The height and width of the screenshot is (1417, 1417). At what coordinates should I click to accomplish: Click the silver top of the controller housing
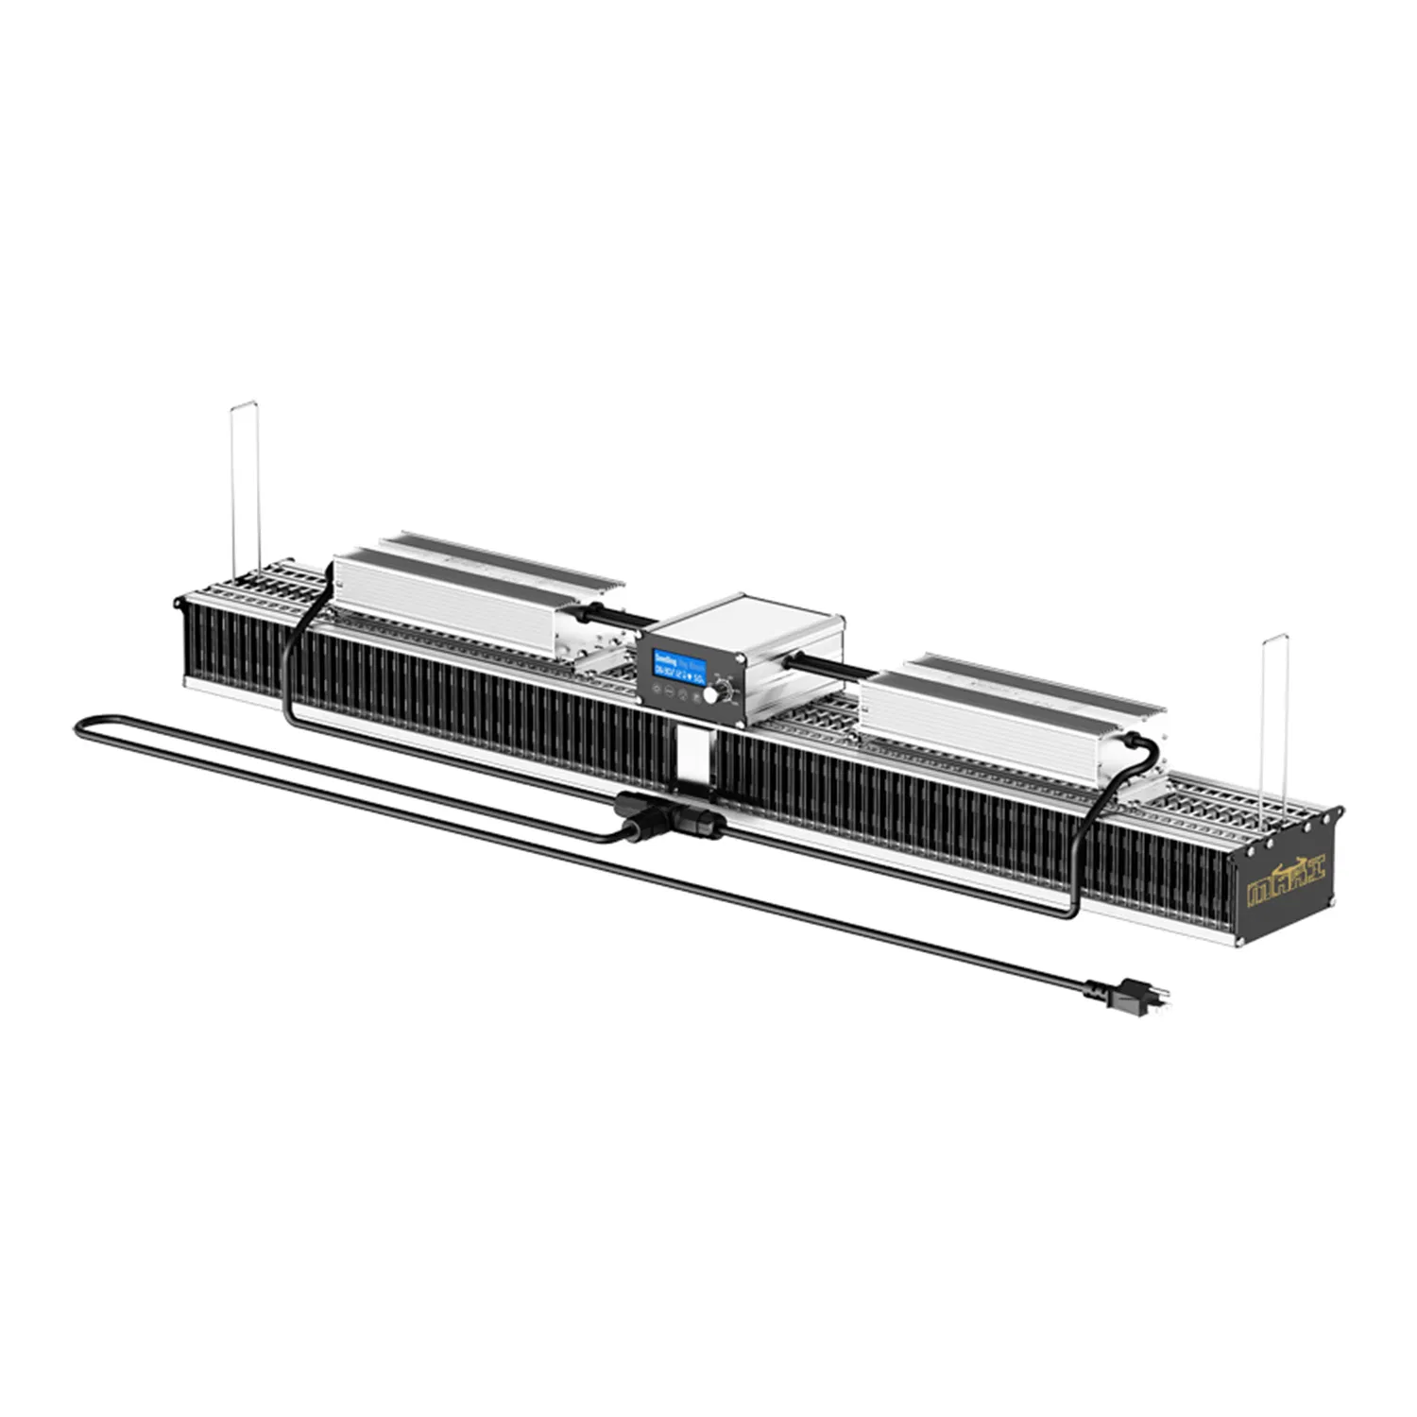(756, 619)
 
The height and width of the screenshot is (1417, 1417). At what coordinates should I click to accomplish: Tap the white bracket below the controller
(693, 756)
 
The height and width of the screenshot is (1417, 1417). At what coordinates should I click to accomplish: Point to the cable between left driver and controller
(619, 615)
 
